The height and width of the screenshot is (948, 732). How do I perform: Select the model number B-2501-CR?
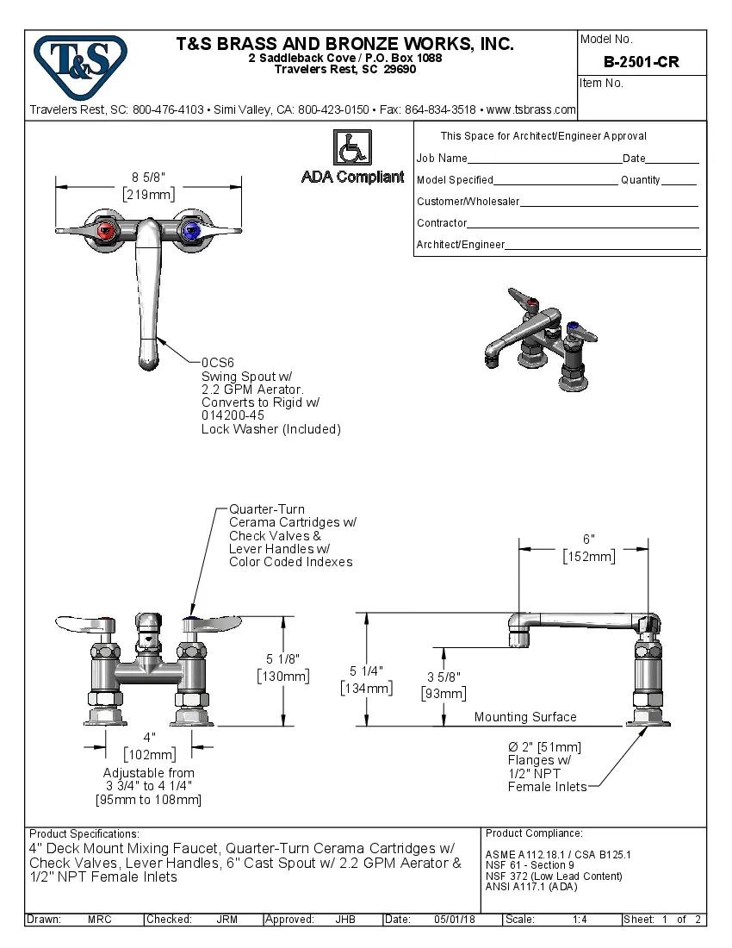pyautogui.click(x=642, y=62)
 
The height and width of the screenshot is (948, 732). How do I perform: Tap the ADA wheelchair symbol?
pyautogui.click(x=351, y=147)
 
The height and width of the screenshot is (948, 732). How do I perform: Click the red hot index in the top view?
pyautogui.click(x=106, y=230)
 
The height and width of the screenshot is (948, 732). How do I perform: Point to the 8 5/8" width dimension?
pyautogui.click(x=148, y=178)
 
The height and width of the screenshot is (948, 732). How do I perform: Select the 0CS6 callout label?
pyautogui.click(x=218, y=363)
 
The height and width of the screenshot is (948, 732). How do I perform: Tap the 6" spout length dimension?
pyautogui.click(x=588, y=539)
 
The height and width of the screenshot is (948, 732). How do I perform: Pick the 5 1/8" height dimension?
pyautogui.click(x=283, y=659)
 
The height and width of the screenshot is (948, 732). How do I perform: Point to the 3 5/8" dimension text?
pyautogui.click(x=444, y=677)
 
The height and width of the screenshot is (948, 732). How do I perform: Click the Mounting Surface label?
pyautogui.click(x=525, y=717)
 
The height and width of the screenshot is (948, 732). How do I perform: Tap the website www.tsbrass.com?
pyautogui.click(x=530, y=110)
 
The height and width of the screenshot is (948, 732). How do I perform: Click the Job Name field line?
pyautogui.click(x=544, y=159)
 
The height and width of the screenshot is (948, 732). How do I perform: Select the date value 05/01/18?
pyautogui.click(x=456, y=920)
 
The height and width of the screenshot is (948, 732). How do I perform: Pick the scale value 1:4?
pyautogui.click(x=580, y=920)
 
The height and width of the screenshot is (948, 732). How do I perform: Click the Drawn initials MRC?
pyautogui.click(x=99, y=920)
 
